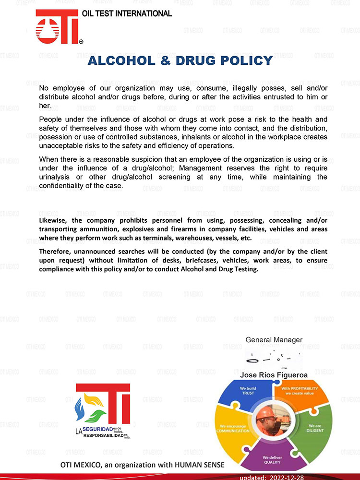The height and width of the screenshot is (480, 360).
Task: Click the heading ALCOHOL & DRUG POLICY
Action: click(x=180, y=61)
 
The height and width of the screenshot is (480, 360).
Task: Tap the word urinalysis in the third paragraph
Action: click(x=57, y=177)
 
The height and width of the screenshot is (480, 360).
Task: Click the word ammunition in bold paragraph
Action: click(x=91, y=229)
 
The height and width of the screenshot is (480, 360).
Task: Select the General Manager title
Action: click(x=274, y=340)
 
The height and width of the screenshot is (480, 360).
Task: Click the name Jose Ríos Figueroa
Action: click(x=274, y=373)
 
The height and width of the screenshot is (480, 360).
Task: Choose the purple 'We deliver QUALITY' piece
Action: click(x=272, y=458)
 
